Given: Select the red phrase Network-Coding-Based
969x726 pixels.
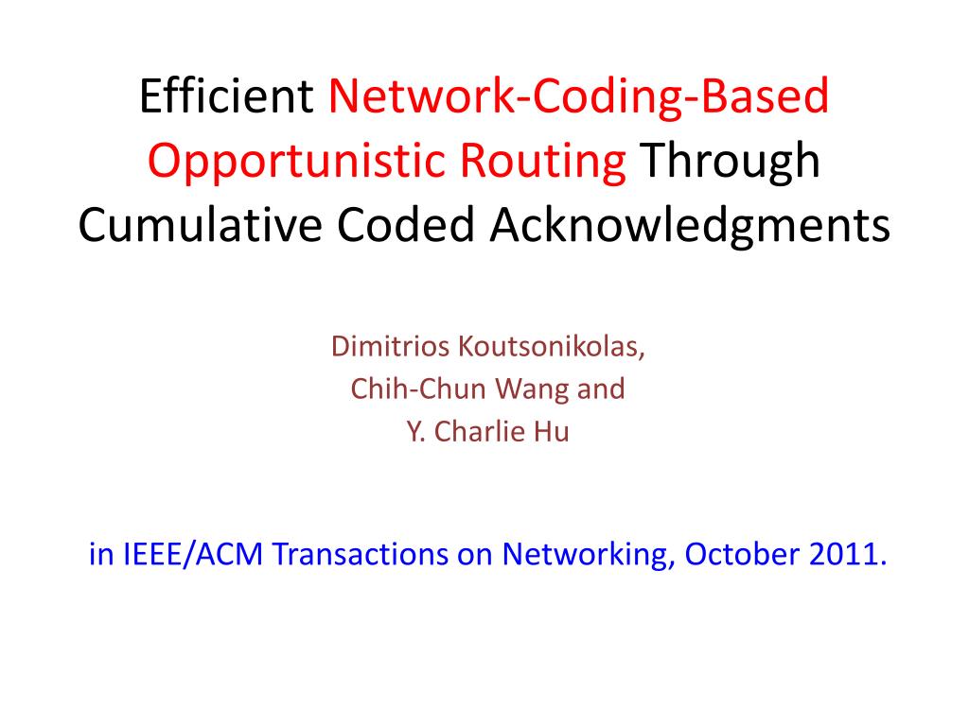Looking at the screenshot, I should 579,96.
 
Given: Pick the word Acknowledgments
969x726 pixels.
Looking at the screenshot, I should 688,226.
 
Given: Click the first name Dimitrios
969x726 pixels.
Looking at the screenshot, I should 392,347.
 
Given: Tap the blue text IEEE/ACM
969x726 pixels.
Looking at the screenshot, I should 189,554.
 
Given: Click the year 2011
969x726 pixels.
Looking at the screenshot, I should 849,554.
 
